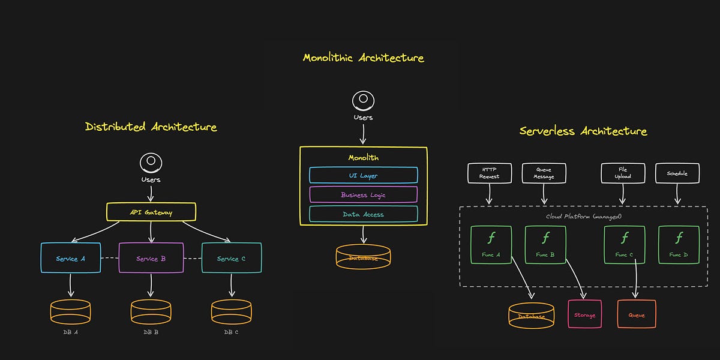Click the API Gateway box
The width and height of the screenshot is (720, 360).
click(x=151, y=212)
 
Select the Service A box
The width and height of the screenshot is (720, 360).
click(x=71, y=258)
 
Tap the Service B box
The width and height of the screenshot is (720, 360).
click(x=151, y=258)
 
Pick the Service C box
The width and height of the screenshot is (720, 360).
click(x=231, y=258)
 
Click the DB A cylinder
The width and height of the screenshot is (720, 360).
click(x=71, y=312)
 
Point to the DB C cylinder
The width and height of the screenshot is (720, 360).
click(x=231, y=312)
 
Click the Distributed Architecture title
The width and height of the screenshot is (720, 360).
click(x=151, y=127)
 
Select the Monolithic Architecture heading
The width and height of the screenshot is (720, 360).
click(x=363, y=58)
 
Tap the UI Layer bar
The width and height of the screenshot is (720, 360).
click(x=363, y=175)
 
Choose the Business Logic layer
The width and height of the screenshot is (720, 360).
click(x=363, y=194)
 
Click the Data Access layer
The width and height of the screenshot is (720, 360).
click(x=363, y=214)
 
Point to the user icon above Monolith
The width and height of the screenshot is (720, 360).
click(x=362, y=100)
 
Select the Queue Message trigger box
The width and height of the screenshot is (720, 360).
click(x=544, y=173)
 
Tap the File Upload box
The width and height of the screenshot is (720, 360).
click(x=623, y=173)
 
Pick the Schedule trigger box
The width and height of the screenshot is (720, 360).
click(x=677, y=173)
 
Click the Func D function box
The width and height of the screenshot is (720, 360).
click(x=679, y=244)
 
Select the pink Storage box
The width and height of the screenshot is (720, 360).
click(x=584, y=313)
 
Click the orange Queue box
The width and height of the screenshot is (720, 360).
click(x=637, y=313)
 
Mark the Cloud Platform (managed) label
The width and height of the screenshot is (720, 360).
click(x=583, y=216)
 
